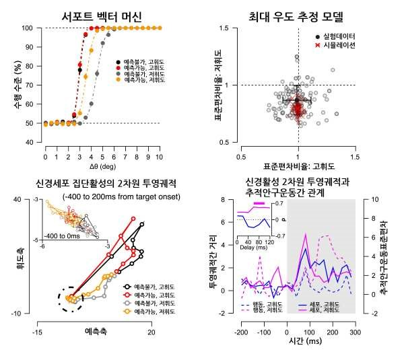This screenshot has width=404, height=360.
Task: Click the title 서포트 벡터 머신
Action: (x=101, y=16)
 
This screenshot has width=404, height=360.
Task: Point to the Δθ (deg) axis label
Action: (x=101, y=165)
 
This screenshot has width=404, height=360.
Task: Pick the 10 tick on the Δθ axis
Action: (x=159, y=154)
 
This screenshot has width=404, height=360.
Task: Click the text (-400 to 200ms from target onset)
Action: (x=115, y=196)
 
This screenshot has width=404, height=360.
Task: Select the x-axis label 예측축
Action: (x=94, y=332)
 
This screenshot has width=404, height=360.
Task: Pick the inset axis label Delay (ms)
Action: (x=252, y=247)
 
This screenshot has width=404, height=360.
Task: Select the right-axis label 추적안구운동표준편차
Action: (x=393, y=256)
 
